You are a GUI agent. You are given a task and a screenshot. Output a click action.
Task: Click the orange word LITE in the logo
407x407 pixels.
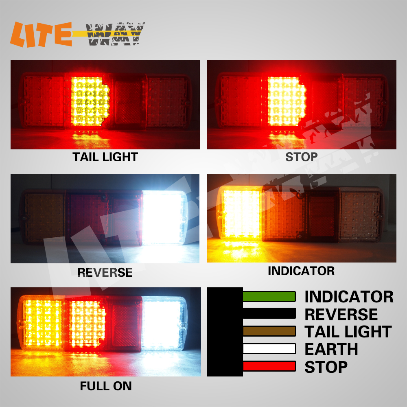coord(41,34)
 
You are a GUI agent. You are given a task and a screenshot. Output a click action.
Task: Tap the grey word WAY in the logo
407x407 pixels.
coord(115,34)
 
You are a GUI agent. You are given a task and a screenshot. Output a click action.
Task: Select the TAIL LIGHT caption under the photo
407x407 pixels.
coord(105,157)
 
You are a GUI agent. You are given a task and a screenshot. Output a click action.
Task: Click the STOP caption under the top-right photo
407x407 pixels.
coord(301,157)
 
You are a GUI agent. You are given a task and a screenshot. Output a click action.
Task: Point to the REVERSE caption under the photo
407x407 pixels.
coord(105,272)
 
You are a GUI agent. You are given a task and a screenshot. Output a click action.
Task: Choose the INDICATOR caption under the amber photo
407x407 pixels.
coord(301,271)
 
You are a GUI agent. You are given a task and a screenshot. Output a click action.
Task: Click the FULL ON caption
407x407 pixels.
coord(106,386)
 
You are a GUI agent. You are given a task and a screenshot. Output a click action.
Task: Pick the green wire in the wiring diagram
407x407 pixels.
coord(269,296)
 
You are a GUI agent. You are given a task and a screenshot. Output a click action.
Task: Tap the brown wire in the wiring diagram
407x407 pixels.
coord(269,331)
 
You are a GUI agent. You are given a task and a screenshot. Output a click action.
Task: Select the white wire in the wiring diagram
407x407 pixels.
coord(269,349)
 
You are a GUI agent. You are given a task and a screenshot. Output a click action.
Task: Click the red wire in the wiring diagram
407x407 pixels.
coord(269,366)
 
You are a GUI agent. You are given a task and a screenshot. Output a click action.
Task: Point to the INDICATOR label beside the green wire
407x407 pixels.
coord(349,297)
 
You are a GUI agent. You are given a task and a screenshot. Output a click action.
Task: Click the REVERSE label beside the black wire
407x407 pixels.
coord(341,314)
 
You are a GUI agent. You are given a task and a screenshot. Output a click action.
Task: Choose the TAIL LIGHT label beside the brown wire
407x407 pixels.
coord(348,332)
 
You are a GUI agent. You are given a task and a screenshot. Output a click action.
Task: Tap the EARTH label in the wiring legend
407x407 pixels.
coord(331,349)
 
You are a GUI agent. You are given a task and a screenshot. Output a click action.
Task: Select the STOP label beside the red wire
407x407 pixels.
coord(326,367)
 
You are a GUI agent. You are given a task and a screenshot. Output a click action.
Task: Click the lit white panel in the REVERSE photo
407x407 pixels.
coord(164,217)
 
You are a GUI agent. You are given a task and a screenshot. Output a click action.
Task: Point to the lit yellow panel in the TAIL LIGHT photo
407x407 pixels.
coord(90,101)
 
